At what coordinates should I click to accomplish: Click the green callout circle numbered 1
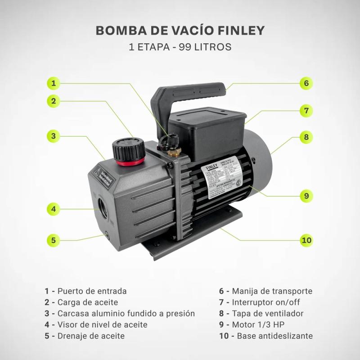[54, 83]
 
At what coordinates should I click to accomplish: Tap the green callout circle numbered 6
[306, 83]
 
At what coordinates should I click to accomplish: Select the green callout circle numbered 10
[306, 240]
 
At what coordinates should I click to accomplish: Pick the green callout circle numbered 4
[54, 209]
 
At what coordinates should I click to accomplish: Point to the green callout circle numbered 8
[306, 137]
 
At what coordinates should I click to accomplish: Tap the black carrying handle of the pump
[189, 90]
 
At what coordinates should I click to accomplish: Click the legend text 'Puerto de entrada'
[92, 291]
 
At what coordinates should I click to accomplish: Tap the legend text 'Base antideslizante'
[274, 336]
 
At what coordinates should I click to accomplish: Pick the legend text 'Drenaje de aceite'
[91, 336]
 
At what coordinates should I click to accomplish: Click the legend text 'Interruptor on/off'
[265, 302]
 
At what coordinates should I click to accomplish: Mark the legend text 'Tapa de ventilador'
[267, 314]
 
